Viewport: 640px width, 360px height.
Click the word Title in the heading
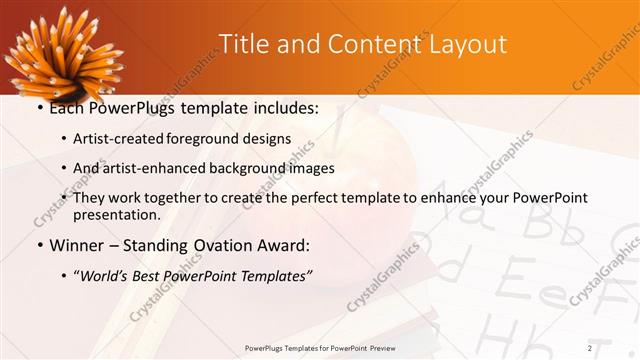pyautogui.click(x=243, y=44)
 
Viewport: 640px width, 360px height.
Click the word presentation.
pyautogui.click(x=116, y=214)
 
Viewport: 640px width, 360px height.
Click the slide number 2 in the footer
pyautogui.click(x=590, y=347)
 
